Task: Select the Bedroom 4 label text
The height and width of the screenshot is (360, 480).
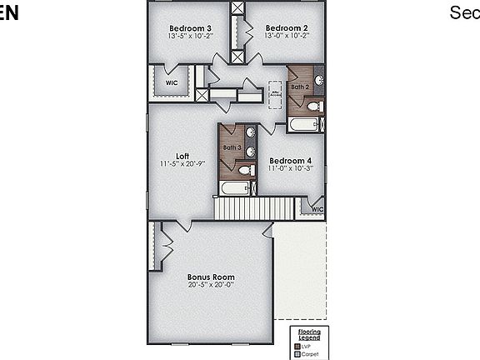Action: [290, 160]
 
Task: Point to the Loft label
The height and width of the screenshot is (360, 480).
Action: [182, 156]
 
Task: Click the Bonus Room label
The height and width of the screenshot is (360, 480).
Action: [210, 277]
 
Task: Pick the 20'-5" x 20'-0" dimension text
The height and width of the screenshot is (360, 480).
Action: [210, 284]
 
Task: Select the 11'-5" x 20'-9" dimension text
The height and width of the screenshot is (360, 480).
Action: [182, 163]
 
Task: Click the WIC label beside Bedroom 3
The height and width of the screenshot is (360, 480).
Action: [171, 83]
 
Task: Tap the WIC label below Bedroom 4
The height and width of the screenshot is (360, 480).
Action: [317, 209]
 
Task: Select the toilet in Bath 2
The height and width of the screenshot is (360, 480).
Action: [313, 106]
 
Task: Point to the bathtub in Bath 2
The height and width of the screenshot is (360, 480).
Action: [303, 124]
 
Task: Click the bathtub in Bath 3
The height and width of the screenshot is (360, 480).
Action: [234, 188]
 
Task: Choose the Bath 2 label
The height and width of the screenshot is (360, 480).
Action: [300, 86]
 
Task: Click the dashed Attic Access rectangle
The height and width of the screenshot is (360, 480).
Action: [275, 96]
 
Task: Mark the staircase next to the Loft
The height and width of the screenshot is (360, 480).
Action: [256, 208]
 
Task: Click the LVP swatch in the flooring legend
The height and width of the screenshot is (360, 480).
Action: [297, 345]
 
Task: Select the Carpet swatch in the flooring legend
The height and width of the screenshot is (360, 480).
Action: [297, 353]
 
